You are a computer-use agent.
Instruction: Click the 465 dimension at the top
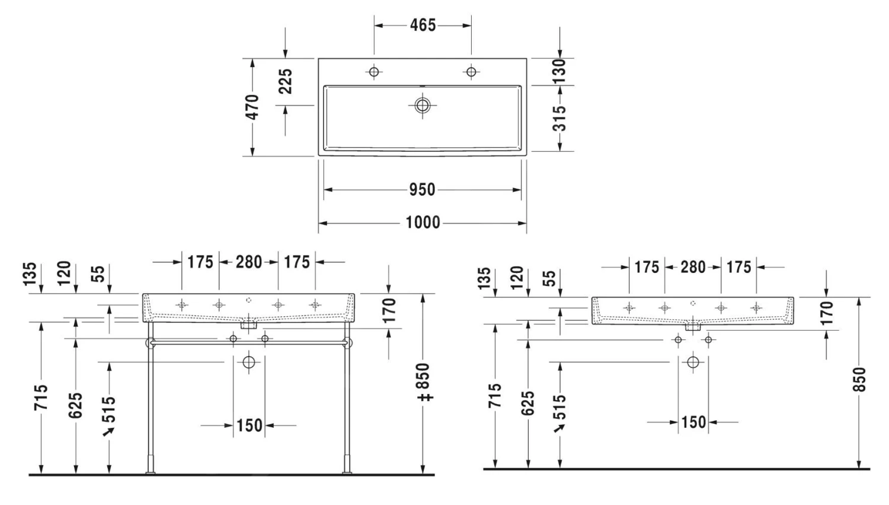[x=423, y=26]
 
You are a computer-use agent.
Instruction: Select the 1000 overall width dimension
[x=423, y=223]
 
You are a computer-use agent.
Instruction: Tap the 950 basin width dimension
[x=422, y=190]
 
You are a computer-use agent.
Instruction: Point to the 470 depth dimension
[x=252, y=107]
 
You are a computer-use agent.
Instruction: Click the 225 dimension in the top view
[x=285, y=81]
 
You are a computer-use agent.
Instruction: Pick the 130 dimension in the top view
[x=559, y=72]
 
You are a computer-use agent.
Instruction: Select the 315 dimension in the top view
[x=559, y=119]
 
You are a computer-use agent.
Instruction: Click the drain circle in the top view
[x=422, y=105]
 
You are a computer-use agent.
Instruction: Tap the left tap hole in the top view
[x=373, y=72]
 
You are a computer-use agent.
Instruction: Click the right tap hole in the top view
[x=471, y=72]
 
